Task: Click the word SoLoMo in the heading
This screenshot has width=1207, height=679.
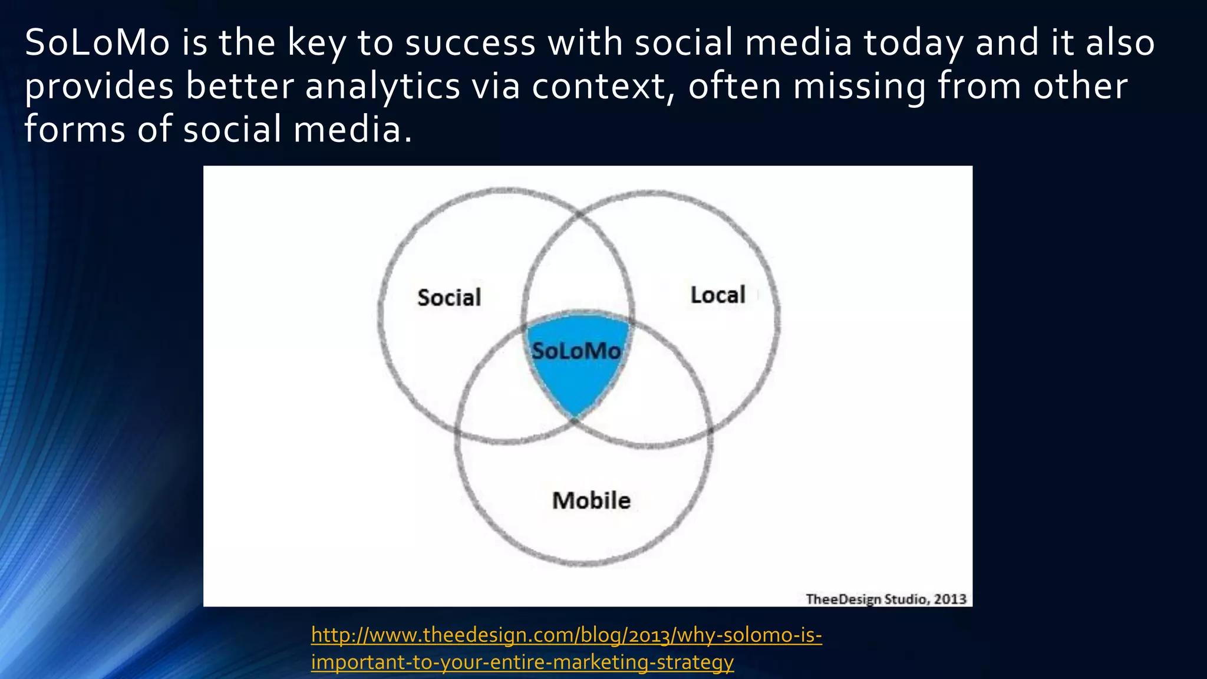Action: (x=97, y=43)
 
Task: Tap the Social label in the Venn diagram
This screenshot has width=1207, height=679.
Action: (x=449, y=298)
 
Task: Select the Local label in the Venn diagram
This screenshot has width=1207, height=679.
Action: (x=717, y=295)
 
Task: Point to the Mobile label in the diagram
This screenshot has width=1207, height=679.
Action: (x=591, y=500)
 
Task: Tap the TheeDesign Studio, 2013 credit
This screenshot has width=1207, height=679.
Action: (x=886, y=599)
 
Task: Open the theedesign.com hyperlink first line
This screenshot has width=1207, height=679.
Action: (x=566, y=635)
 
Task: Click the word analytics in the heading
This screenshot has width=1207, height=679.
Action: (x=382, y=87)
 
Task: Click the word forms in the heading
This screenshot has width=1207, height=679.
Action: (x=74, y=130)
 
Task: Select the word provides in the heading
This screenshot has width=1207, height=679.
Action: (x=99, y=87)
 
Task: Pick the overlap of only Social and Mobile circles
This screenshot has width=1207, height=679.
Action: (x=507, y=389)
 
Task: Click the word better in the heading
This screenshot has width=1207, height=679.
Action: (x=239, y=87)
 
